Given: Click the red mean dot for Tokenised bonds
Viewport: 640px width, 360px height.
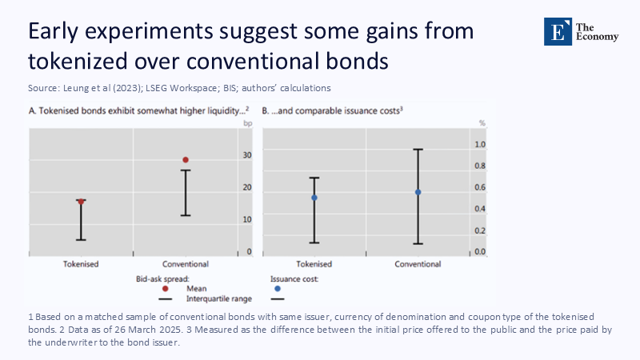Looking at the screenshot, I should point(81,202).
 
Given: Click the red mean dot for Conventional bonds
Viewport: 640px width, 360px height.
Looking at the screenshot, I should point(186,160).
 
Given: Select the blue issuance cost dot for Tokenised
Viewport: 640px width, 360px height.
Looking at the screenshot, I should point(314,198).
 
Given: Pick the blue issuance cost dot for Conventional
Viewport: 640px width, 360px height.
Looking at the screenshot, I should point(418,192).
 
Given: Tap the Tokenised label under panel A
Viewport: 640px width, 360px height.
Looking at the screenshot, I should point(81,264).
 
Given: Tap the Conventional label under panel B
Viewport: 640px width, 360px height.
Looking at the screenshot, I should point(418,264).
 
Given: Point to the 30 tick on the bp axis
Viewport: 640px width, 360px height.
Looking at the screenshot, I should point(248,155).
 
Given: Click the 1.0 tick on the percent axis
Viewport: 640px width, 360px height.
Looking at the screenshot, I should point(480,145).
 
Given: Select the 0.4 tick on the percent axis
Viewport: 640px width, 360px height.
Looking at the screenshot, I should point(480,210).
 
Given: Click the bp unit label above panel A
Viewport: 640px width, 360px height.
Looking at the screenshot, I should point(247,123).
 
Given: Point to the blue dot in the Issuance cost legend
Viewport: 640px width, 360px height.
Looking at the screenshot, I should point(278,288).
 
